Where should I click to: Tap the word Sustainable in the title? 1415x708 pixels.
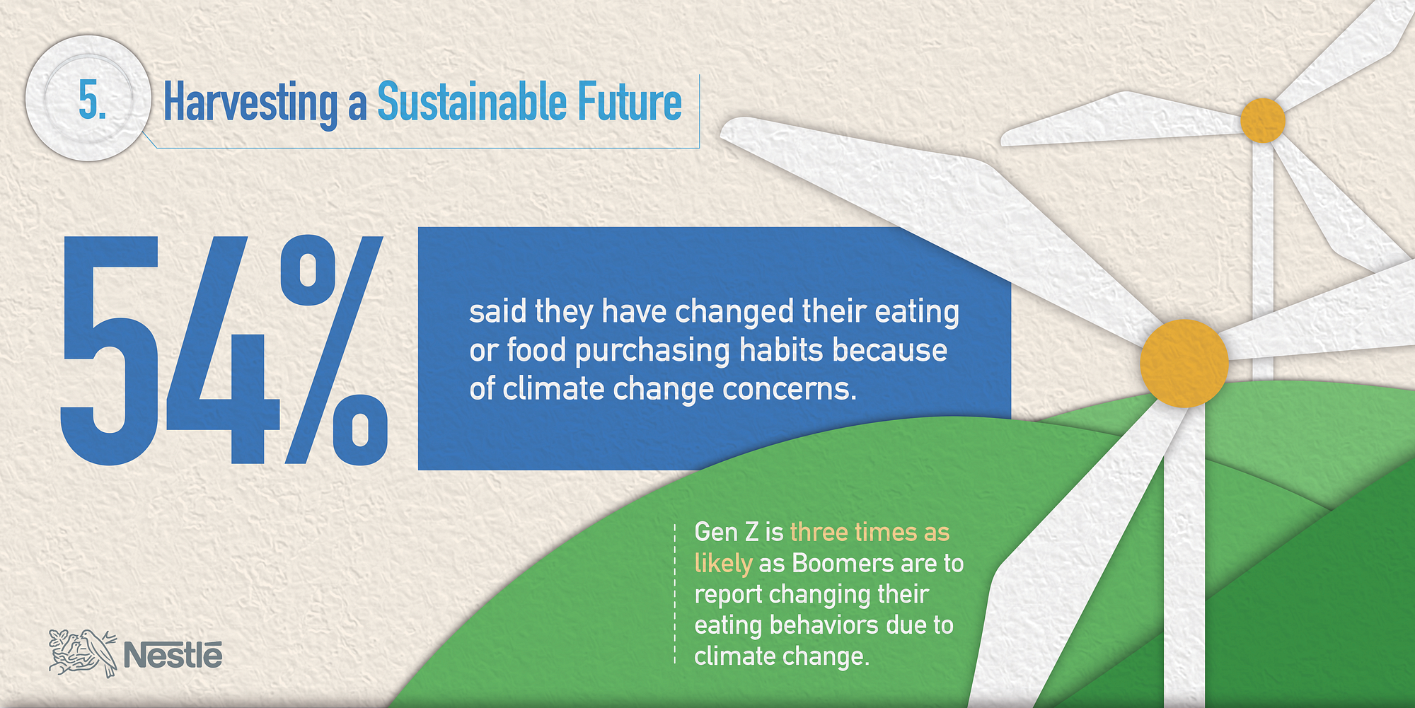(470, 102)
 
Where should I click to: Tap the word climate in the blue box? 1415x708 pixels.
(553, 389)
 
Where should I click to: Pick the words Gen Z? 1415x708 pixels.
(726, 532)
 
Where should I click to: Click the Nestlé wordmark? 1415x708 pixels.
(173, 655)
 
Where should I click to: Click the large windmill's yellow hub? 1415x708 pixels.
(1184, 364)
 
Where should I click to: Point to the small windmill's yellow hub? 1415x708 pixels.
(1263, 121)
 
